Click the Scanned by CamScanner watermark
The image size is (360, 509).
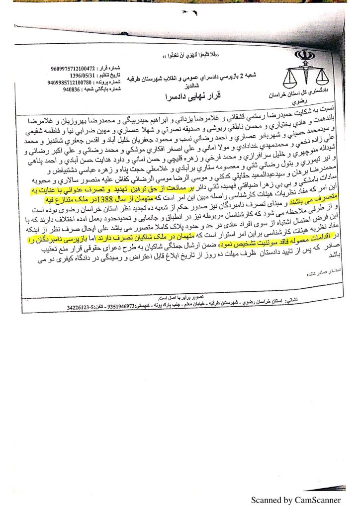pyautogui.click(x=295, y=499)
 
